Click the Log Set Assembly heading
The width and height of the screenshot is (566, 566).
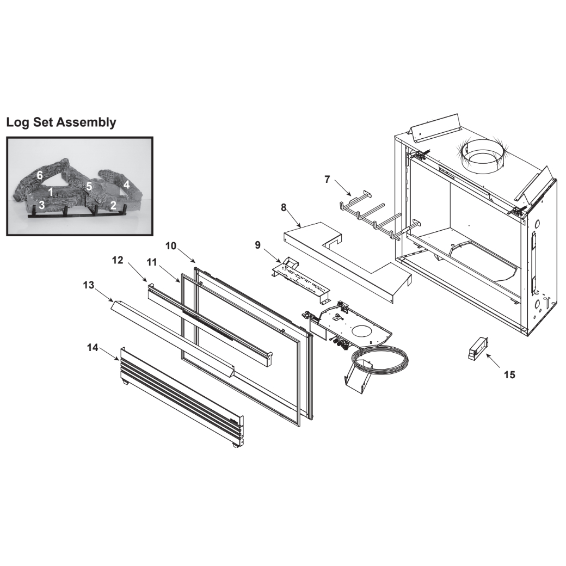coord(61,122)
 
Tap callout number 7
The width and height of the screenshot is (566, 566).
coord(327,180)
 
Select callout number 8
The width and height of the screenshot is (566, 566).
coord(284,207)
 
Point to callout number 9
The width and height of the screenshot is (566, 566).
coord(257,245)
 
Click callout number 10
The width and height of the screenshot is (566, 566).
coord(171,246)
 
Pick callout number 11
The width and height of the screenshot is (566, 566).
coord(152,262)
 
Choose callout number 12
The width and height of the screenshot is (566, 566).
coord(118,260)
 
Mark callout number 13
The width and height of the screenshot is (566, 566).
coord(88,285)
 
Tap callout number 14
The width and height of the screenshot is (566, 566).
coord(93,348)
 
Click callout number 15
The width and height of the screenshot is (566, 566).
coord(509,375)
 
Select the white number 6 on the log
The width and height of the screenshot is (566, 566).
coord(40,175)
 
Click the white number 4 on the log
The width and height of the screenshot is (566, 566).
coord(126,185)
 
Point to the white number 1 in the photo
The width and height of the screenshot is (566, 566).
coord(51,192)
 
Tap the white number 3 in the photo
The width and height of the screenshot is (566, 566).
coord(42,205)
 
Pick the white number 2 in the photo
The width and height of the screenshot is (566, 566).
coord(113,205)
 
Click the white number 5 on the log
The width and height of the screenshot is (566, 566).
coord(89,187)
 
